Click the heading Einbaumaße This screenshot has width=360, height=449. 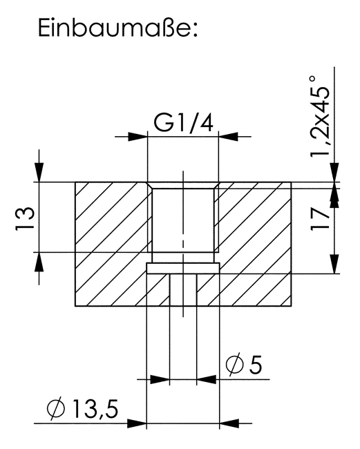[118, 28]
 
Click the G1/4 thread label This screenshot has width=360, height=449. [184, 123]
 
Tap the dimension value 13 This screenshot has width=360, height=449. [25, 218]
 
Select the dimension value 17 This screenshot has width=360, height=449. [320, 219]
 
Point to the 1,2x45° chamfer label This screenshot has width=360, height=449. [320, 115]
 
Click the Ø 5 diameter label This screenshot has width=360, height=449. [244, 365]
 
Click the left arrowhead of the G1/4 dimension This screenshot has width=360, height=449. [138, 137]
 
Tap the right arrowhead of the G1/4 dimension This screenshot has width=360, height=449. [228, 137]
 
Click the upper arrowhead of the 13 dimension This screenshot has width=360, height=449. [39, 172]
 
